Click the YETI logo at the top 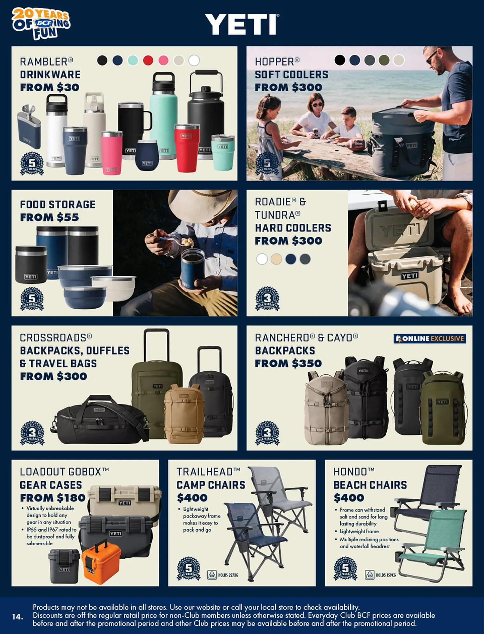click(242, 24)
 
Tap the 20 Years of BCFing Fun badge click(41, 24)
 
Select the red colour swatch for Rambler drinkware click(148, 60)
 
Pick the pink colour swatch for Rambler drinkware click(163, 60)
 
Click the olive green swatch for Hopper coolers click(384, 60)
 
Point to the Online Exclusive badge click(430, 339)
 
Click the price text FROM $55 click(49, 217)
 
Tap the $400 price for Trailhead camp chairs click(192, 498)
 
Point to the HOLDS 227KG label click(228, 575)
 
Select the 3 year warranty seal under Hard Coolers click(267, 299)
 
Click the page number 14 click(18, 617)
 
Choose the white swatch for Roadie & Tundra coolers click(262, 259)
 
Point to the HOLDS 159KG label click(385, 575)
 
